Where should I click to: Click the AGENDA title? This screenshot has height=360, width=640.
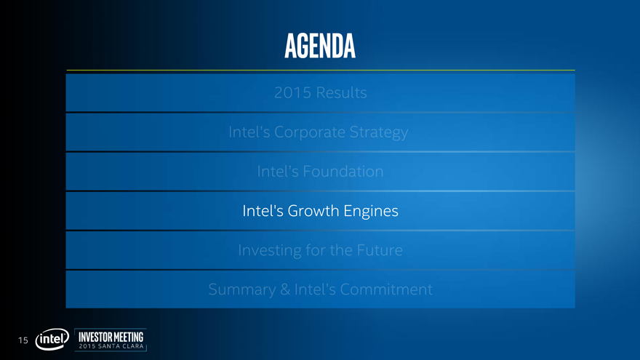[320, 46]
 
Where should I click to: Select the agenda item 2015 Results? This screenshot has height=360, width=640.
[321, 92]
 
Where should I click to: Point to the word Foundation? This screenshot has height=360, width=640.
[343, 172]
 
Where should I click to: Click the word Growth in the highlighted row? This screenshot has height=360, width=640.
[313, 211]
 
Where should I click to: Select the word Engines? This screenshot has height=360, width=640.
[371, 212]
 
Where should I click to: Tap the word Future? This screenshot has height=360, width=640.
[380, 250]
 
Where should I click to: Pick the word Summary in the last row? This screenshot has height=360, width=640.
[242, 290]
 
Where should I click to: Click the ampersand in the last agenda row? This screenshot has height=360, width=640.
[285, 289]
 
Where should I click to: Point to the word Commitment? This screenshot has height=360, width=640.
[386, 289]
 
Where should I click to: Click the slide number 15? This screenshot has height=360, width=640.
[23, 340]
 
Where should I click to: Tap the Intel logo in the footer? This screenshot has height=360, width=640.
[52, 339]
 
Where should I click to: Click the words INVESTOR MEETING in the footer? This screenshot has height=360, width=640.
[111, 337]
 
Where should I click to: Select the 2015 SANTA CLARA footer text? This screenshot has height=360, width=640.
[111, 346]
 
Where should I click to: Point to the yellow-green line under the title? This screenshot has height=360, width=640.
[321, 71]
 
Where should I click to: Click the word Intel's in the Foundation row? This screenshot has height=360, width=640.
[278, 172]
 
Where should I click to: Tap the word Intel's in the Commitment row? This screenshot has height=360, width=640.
[315, 289]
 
